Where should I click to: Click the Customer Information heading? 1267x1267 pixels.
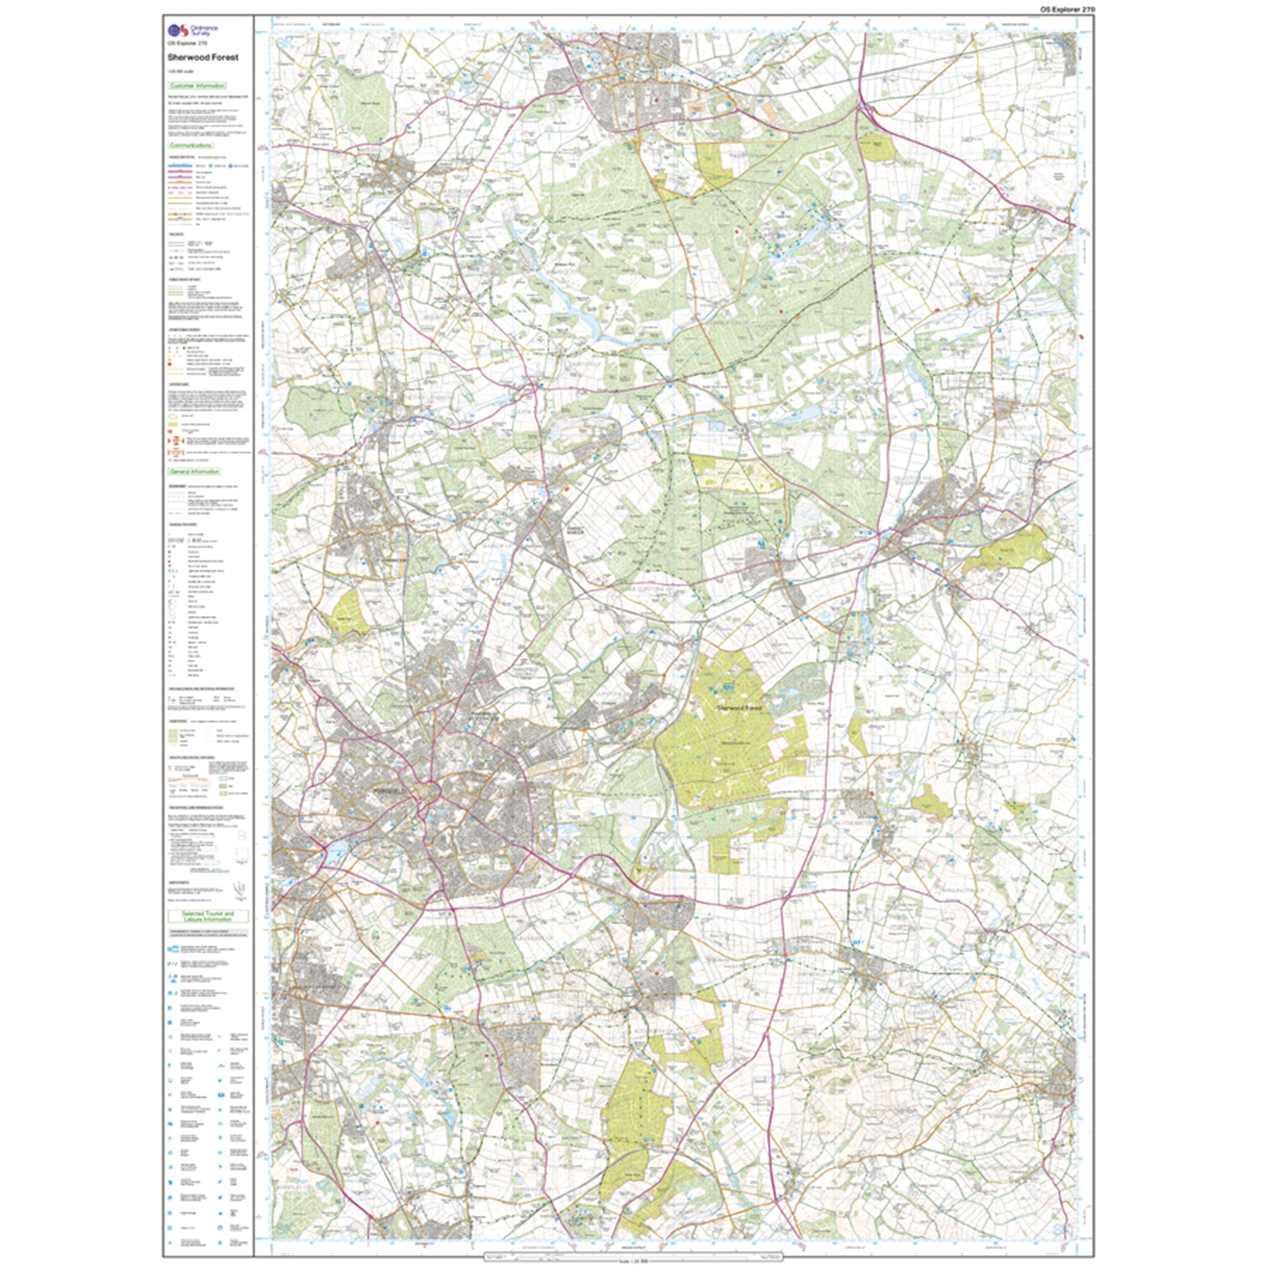(x=197, y=86)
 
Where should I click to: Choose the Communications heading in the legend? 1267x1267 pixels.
(x=190, y=146)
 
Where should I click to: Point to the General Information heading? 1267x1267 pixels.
(x=195, y=471)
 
